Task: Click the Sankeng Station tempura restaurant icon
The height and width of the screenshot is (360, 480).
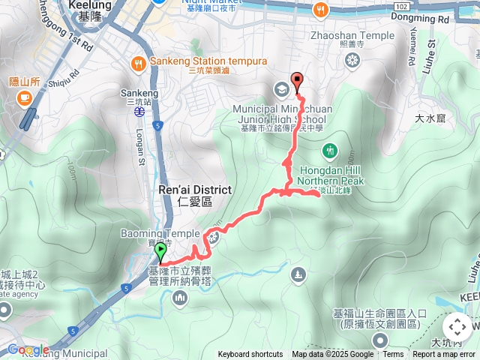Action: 138,62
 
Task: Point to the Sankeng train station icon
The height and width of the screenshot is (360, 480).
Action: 139,111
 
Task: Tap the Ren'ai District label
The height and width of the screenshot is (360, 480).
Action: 195,190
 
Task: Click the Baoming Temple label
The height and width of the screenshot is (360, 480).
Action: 160,234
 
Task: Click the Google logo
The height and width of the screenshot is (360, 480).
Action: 27,349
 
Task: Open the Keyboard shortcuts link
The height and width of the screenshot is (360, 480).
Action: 250,355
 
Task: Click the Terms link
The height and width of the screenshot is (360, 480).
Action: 393,355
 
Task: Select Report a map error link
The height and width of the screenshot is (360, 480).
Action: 443,355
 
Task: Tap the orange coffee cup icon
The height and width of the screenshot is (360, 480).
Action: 24,97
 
